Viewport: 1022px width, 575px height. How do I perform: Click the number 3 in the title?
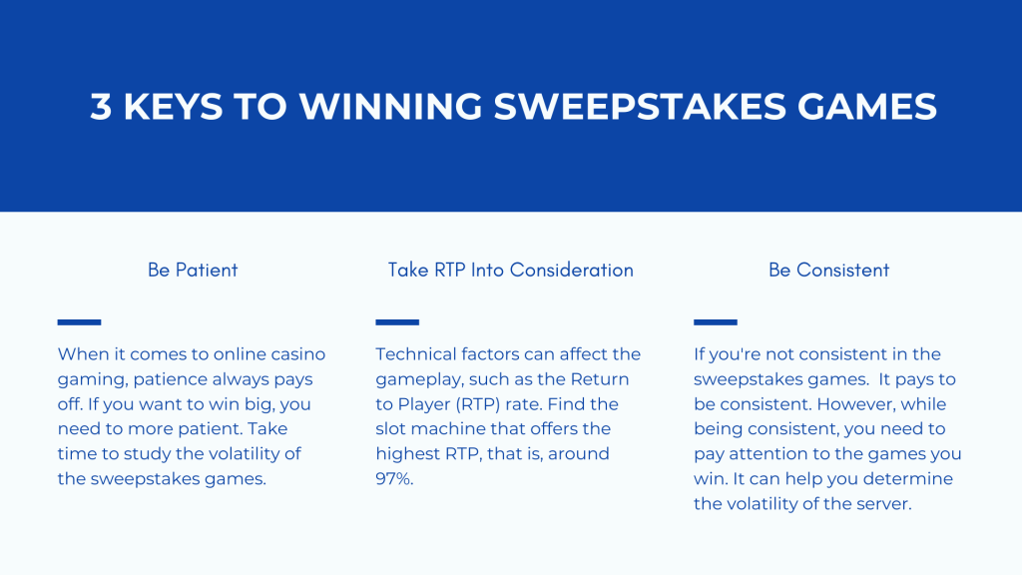point(101,106)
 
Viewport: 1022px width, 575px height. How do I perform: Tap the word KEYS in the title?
point(173,106)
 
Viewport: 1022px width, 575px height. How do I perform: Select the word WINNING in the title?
point(390,106)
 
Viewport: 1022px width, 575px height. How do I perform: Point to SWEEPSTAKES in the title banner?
point(640,106)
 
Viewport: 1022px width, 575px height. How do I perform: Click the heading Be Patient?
point(193,270)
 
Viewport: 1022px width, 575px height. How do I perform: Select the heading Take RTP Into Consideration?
point(510,270)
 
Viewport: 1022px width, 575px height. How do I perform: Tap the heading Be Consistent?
point(828,270)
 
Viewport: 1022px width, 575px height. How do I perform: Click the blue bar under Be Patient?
point(79,322)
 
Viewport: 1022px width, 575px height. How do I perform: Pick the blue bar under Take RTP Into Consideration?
point(397,322)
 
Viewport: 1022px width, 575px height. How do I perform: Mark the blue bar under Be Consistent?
point(715,322)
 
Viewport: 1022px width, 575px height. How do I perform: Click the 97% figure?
point(394,478)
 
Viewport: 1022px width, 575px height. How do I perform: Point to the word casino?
point(297,354)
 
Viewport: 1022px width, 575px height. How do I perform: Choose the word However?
point(856,404)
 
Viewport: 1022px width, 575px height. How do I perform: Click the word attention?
point(770,454)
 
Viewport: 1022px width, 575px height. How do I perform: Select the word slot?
point(390,429)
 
